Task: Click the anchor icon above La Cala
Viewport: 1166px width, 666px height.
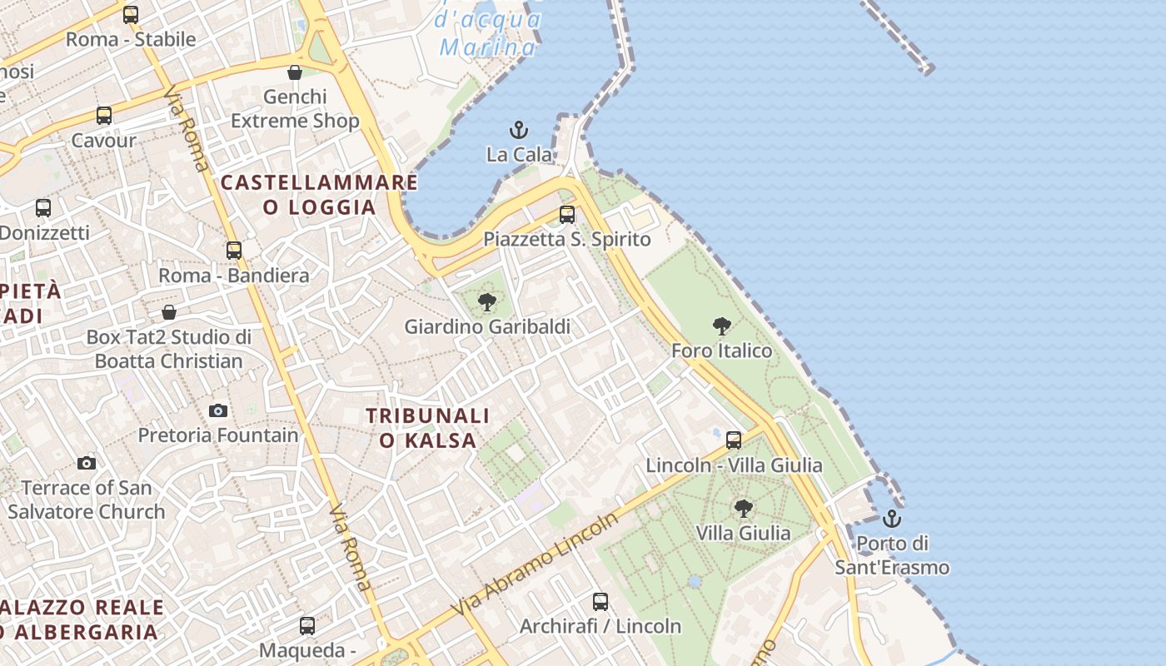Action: [519, 130]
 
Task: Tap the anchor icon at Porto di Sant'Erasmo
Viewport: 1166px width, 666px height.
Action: [892, 519]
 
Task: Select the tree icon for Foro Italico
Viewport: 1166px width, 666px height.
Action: [722, 326]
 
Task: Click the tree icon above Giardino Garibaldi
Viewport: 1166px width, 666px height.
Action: [487, 302]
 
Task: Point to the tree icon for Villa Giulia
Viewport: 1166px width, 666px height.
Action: [744, 508]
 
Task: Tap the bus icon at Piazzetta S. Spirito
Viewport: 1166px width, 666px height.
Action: [567, 215]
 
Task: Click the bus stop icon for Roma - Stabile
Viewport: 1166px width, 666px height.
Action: [131, 14]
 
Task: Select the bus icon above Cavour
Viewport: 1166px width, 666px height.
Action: [104, 116]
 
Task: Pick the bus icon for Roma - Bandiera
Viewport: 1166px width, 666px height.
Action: [234, 250]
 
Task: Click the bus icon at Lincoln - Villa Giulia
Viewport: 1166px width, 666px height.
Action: [734, 440]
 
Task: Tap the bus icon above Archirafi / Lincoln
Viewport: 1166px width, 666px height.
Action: [600, 601]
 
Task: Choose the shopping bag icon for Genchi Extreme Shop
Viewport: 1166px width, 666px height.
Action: [295, 72]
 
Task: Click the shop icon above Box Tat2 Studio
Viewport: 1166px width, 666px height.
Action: [169, 312]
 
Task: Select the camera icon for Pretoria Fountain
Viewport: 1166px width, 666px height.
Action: [218, 410]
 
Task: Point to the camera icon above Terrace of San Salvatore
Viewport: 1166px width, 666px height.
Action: [87, 463]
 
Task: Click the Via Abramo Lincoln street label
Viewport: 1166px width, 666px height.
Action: [536, 564]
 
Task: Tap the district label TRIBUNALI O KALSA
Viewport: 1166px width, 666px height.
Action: [428, 427]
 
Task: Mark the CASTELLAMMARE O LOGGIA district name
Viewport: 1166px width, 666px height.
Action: [320, 194]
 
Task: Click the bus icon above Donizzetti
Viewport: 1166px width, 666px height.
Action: [43, 208]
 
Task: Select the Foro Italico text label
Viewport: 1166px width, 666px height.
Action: [722, 350]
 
